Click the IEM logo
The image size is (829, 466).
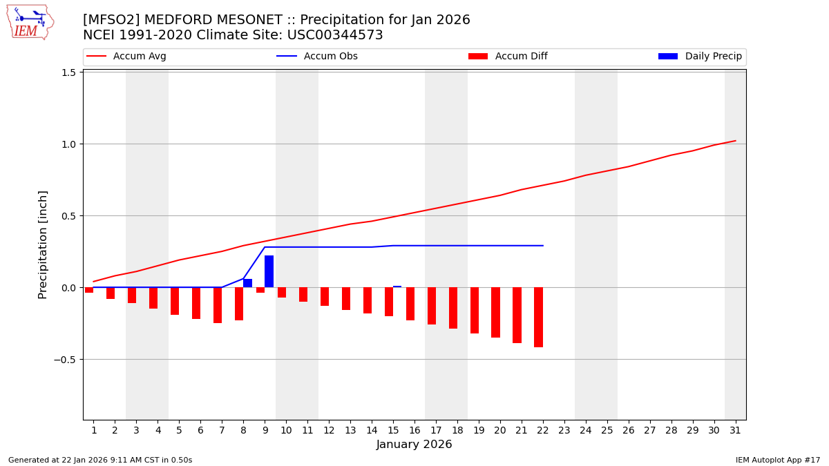pos(30,22)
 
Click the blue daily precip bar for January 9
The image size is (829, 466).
pos(269,271)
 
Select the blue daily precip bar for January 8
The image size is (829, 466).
pos(247,283)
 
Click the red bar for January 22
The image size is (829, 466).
pos(538,317)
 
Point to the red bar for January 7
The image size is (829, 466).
pos(218,305)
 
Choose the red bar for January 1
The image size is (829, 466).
pos(89,290)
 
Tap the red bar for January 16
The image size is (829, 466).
pos(410,304)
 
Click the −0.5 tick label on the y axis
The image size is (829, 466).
pos(64,360)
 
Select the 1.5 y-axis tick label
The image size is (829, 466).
pos(68,72)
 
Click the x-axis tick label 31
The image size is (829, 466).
pos(735,431)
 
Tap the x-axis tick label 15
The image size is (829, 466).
pos(393,431)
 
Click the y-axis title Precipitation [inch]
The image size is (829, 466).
pos(43,244)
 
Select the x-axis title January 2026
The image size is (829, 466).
pos(414,445)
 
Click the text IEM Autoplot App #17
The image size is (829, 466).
pos(778,460)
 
